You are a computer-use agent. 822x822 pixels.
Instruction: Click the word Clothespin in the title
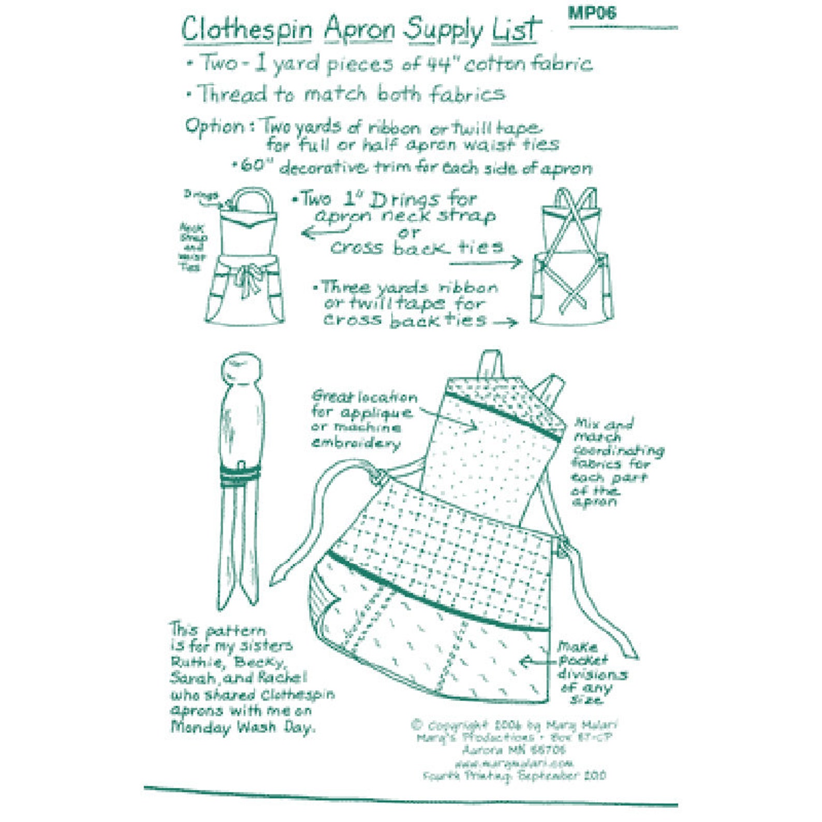tap(246, 30)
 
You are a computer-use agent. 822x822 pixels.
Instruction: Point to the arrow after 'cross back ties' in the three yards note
tap(505, 322)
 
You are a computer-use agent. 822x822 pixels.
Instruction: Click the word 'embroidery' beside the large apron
tap(355, 444)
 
